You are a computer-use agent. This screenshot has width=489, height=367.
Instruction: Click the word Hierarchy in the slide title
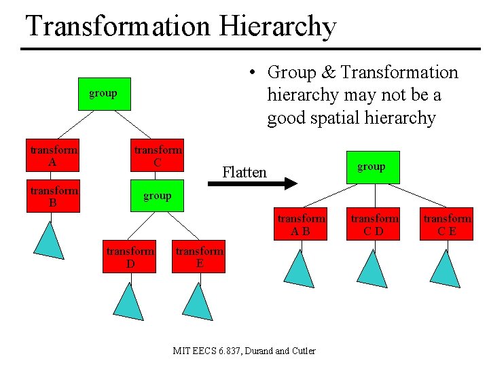[x=278, y=27]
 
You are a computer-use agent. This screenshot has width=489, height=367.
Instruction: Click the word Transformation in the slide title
[x=118, y=27]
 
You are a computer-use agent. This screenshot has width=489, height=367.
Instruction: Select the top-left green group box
[x=103, y=94]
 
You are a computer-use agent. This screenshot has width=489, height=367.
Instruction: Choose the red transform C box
[x=158, y=156]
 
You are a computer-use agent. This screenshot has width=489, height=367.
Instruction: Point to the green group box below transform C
[x=157, y=196]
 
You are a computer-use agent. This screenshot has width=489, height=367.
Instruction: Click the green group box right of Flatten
[x=372, y=167]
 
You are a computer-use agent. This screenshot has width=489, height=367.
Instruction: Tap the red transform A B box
[x=301, y=225]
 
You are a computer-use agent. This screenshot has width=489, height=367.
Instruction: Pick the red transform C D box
[x=374, y=225]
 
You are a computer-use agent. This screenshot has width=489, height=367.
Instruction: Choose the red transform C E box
[x=447, y=225]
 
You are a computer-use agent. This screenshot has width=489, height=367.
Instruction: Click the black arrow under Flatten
[x=251, y=183]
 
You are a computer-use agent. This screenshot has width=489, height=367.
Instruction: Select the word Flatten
[x=244, y=172]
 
